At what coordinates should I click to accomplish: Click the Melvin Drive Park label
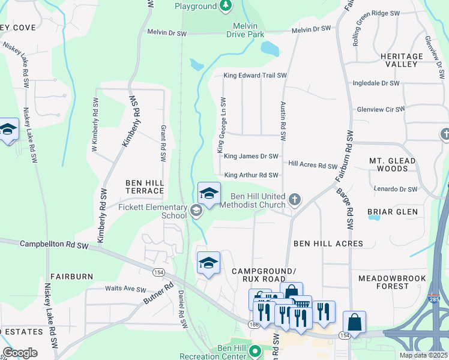pos(245,31)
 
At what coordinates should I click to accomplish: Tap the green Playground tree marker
pos(226,6)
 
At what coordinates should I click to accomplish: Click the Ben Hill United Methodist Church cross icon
pos(294,199)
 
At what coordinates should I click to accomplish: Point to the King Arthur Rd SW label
pos(251,175)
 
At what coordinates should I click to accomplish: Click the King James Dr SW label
pos(251,156)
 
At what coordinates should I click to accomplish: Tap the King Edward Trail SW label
pos(255,76)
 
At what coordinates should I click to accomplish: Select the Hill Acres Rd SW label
pos(312,165)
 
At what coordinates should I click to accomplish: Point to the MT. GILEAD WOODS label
pos(393,164)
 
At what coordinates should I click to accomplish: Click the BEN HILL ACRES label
pos(328,244)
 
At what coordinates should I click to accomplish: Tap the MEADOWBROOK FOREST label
pos(391,282)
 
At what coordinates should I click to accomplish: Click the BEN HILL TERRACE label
pos(144,186)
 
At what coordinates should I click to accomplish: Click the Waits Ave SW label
pos(125,289)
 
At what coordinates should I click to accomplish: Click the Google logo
pos(20,353)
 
